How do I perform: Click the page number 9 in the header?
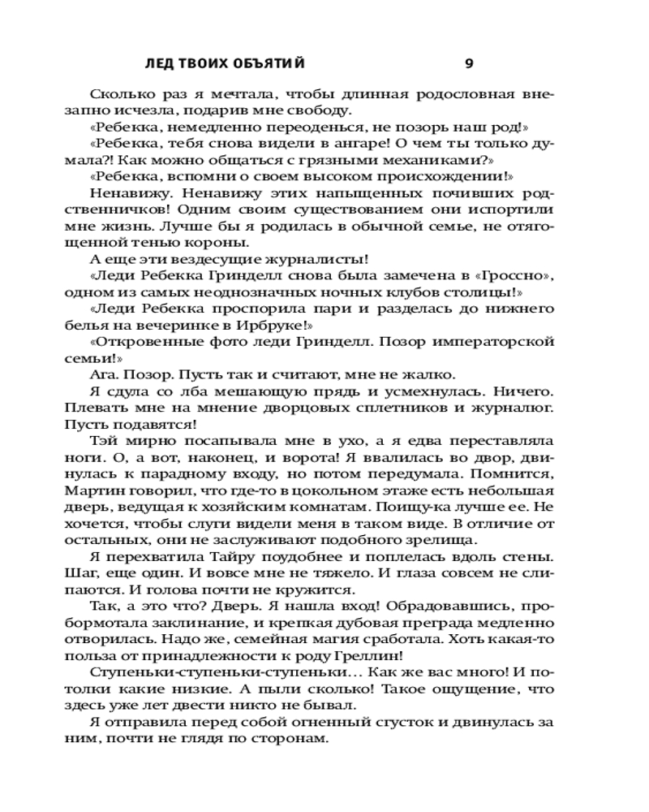(469, 63)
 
